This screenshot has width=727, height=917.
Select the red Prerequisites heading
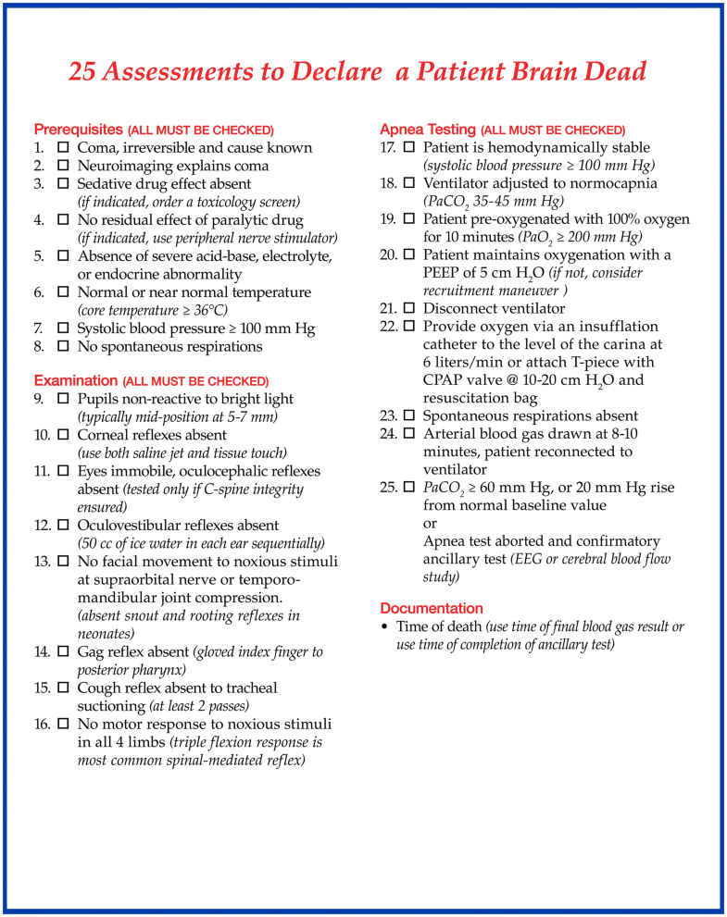point(78,130)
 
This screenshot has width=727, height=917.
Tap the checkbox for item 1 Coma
point(64,148)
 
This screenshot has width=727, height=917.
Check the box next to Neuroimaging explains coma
point(64,166)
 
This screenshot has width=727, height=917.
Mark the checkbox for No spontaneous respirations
point(64,347)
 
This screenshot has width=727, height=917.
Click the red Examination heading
point(76,381)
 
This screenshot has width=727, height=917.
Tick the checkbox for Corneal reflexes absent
point(64,435)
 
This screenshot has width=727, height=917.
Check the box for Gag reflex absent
point(64,652)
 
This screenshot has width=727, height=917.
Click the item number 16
point(42,725)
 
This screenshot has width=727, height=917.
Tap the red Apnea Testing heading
point(428,130)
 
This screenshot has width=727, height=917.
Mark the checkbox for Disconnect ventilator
point(409,308)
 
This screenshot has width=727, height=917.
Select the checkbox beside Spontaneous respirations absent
point(409,416)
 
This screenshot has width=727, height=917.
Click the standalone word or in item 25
point(430,524)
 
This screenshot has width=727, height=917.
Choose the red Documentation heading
point(432,609)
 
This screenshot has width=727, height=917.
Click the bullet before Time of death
point(384,627)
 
